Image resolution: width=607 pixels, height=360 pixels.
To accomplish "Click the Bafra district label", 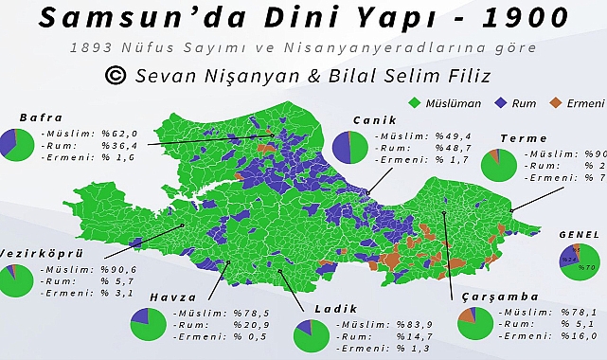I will coord(40,117).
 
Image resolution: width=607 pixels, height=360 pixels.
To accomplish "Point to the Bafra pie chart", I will coord(18,143).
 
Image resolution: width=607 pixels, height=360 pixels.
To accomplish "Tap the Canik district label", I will coord(373,120).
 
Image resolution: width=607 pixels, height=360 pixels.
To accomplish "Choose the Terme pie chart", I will coord(498,165).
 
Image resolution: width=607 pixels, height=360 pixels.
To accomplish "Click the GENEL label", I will coord(578,233).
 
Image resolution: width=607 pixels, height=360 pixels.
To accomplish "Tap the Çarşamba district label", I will coord(487,296).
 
